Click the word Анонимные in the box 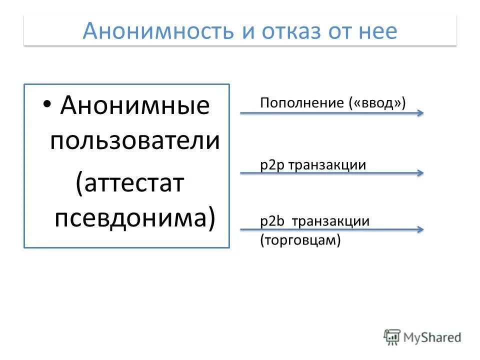135,105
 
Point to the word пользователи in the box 135,141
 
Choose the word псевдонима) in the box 135,218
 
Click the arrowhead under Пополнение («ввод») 420,113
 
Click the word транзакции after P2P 326,165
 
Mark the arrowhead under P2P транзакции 420,173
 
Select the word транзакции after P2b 330,221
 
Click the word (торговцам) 300,240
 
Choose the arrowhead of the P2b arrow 420,229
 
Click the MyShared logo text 432,337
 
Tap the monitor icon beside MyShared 392,336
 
